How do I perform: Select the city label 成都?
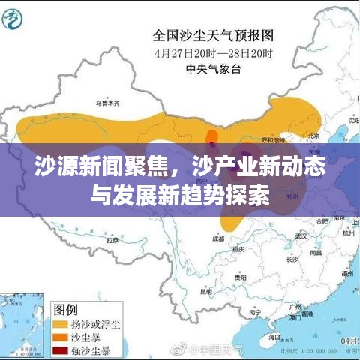[x=218, y=238]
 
